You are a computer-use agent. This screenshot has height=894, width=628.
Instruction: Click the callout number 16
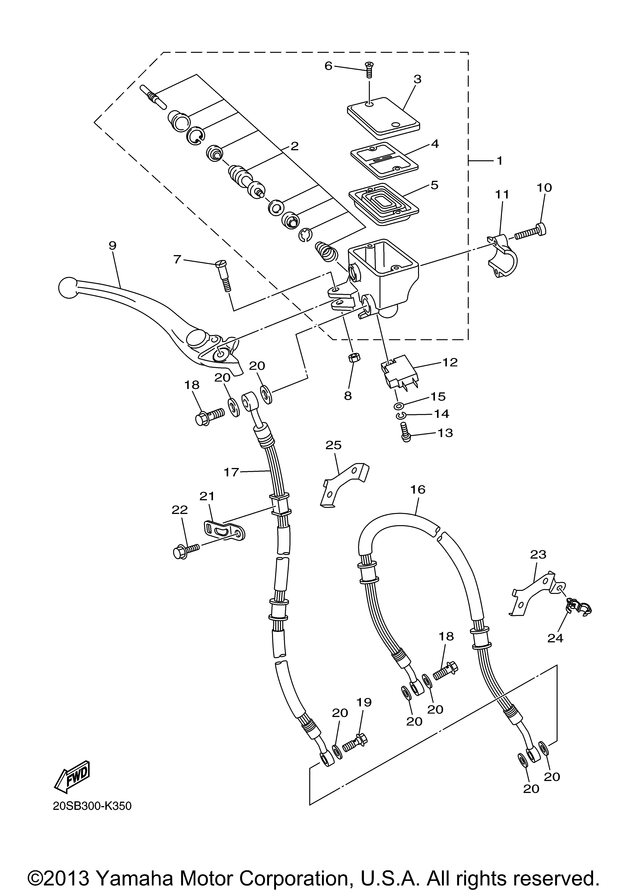pos(418,489)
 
